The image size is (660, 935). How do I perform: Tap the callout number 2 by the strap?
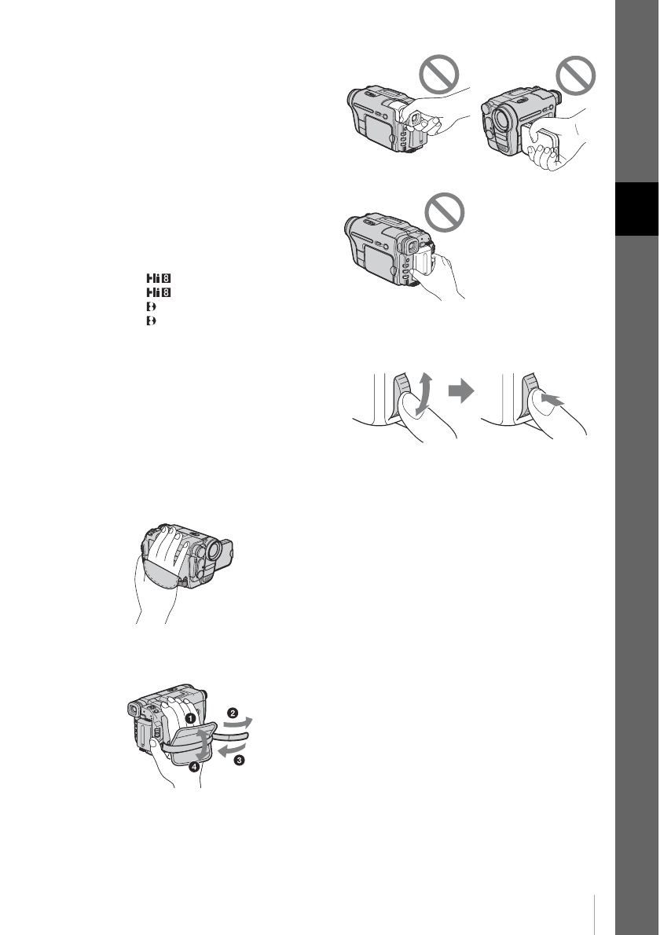pos(233,713)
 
